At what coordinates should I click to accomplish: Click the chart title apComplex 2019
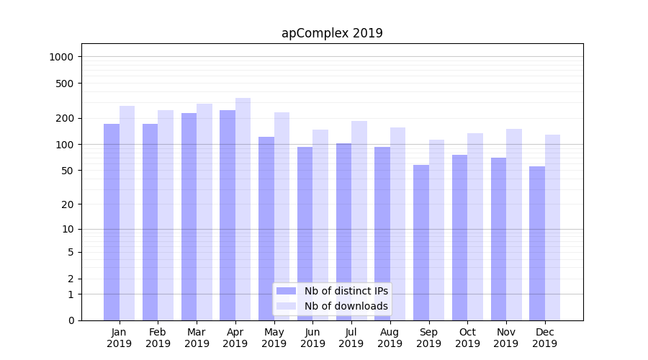point(332,33)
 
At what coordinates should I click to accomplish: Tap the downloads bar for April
point(243,209)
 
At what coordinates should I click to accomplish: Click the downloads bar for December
point(552,228)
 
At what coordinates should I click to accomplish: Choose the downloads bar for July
point(359,220)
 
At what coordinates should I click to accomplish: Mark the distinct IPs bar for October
point(460,238)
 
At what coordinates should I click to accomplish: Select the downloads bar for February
point(166,215)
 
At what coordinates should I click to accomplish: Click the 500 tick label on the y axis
point(66,84)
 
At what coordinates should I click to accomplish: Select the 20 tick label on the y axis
point(68,204)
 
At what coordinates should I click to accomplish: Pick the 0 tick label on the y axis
point(71,320)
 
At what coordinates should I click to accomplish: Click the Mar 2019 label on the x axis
point(197,338)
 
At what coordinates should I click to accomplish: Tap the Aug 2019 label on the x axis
point(390,338)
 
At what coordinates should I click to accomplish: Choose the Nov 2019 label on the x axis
point(506,338)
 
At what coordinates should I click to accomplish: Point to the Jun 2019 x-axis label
point(312,338)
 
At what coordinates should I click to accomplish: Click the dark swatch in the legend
point(286,291)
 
